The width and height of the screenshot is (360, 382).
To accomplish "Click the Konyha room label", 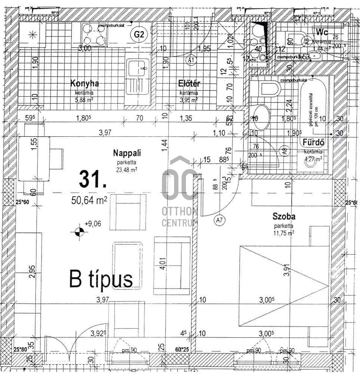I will click(84, 83).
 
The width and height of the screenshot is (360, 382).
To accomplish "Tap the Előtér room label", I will click(189, 84).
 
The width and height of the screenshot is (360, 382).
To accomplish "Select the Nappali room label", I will click(127, 153).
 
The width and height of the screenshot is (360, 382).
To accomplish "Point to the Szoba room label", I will click(284, 216).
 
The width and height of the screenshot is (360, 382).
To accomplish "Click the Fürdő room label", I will click(313, 143).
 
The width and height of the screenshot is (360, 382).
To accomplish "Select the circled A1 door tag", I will click(191, 61).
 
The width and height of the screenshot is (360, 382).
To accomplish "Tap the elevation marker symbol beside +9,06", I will click(79, 232).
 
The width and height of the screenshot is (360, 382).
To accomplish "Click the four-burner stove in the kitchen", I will click(94, 35).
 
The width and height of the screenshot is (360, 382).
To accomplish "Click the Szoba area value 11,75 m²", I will click(284, 233).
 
